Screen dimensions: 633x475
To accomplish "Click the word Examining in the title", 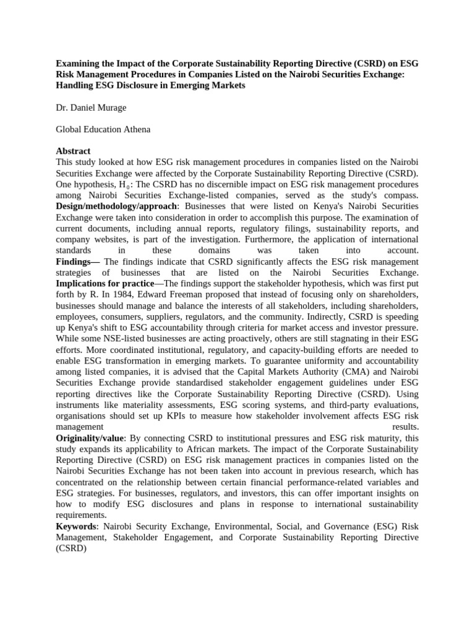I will point(78,63).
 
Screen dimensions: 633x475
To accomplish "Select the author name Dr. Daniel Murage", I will point(91,108).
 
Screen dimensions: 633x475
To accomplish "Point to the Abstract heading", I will point(73,151).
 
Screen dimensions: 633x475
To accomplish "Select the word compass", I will point(401,195).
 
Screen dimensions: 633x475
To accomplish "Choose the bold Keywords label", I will point(76,527).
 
